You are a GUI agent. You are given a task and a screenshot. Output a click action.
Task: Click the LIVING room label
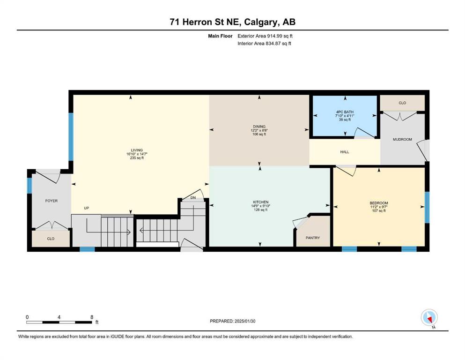click(137, 150)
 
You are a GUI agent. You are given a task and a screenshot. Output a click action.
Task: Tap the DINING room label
click(259, 127)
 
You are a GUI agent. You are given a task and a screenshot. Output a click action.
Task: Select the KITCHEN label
click(261, 202)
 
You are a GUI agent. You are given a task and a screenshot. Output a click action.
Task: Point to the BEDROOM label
click(379, 203)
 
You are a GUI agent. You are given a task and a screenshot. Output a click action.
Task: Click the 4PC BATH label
click(345, 112)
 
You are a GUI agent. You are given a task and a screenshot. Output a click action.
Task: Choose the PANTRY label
click(312, 238)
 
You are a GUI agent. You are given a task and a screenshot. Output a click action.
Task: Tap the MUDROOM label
click(402, 139)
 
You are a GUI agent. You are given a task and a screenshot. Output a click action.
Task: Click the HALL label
click(345, 152)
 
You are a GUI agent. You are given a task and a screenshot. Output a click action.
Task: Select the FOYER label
click(52, 201)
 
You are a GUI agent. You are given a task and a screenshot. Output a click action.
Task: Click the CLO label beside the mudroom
click(402, 103)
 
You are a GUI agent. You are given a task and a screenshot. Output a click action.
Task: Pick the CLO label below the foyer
click(51, 239)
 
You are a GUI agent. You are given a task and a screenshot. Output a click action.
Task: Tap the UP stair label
click(87, 208)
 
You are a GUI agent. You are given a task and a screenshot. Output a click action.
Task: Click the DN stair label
click(193, 198)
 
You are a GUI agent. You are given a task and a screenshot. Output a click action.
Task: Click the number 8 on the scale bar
click(92, 317)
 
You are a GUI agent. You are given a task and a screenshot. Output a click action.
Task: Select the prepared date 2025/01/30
click(245, 321)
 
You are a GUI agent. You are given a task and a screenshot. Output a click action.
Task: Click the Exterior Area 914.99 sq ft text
click(265, 36)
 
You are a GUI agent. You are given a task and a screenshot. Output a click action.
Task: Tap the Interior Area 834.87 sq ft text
click(264, 43)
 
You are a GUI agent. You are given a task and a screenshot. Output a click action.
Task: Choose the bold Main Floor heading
click(220, 36)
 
